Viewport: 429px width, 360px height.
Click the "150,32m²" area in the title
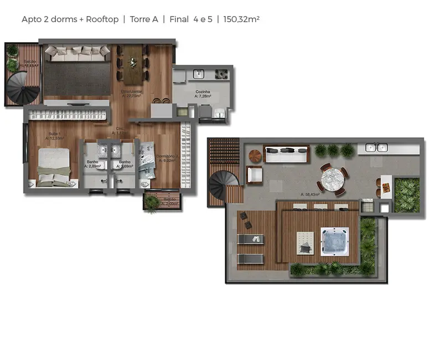(242, 19)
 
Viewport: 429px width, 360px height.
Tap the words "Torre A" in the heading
(144, 19)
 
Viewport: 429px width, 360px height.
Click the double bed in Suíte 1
(54, 167)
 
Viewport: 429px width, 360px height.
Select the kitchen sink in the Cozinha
(199, 73)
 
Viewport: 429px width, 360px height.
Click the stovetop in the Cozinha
(221, 73)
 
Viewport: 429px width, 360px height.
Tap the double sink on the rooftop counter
(377, 147)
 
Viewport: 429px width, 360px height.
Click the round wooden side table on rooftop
(254, 155)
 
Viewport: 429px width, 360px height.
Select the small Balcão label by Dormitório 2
(169, 201)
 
